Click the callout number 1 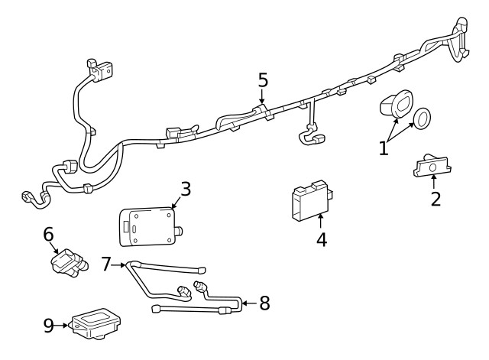tap(384, 147)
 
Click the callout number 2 tap(435, 200)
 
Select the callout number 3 tap(186, 189)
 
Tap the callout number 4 tap(322, 239)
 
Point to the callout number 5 tap(263, 79)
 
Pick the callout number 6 tap(48, 235)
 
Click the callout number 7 tap(106, 264)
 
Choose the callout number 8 tap(264, 303)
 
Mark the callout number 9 tap(49, 326)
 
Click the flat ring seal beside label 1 tap(421, 118)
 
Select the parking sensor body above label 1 tap(395, 105)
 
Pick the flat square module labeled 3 tap(147, 224)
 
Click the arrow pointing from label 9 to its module tap(65, 326)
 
